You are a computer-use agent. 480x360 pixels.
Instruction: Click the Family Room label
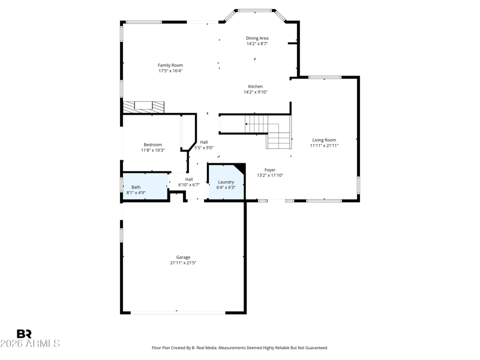pyautogui.click(x=170, y=65)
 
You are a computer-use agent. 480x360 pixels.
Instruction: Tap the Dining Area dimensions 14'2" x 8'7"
pyautogui.click(x=257, y=44)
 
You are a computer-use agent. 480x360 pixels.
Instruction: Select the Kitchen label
pyautogui.click(x=256, y=86)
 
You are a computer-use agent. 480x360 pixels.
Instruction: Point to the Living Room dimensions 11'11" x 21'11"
pyautogui.click(x=324, y=146)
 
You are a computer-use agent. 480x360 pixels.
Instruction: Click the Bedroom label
pyautogui.click(x=153, y=145)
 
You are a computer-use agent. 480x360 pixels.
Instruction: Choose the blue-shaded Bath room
pyautogui.click(x=145, y=187)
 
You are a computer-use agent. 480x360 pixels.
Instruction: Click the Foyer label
pyautogui.click(x=270, y=170)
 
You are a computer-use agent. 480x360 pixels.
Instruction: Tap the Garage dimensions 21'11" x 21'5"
pyautogui.click(x=183, y=263)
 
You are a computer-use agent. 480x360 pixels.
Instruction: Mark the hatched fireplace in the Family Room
pyautogui.click(x=143, y=107)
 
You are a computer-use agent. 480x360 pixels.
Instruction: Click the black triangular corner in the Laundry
pyautogui.click(x=242, y=167)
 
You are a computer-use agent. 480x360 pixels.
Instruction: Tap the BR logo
pyautogui.click(x=24, y=334)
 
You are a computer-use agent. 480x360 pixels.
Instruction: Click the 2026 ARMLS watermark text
pyautogui.click(x=30, y=343)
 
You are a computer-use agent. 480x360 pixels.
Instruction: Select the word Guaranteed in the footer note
pyautogui.click(x=318, y=348)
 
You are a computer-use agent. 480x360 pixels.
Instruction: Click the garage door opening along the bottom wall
pyautogui.click(x=178, y=313)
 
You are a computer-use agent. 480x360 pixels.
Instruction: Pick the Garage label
pyautogui.click(x=183, y=257)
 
